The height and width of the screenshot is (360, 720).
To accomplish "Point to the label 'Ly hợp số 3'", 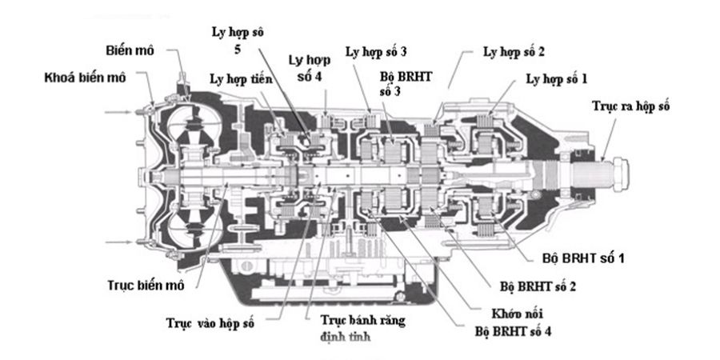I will point(376,51).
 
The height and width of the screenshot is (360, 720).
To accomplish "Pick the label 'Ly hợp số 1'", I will point(556,79).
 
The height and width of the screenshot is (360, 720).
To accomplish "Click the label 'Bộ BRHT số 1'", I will point(578,260).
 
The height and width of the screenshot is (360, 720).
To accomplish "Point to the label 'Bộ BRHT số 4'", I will point(513,329).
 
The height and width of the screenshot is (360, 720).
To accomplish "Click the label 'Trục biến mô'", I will point(141,286).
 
